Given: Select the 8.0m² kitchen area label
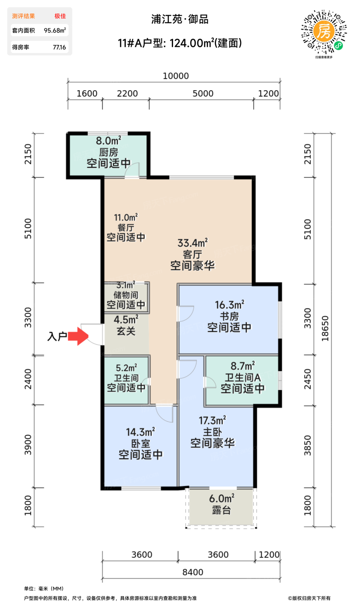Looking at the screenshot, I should coord(108,140).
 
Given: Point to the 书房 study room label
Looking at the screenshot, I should coord(229,315).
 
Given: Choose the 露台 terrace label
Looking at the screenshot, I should coord(221,510).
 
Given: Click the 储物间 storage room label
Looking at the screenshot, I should coord(126,295).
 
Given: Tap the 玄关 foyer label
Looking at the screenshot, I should coord(126,332).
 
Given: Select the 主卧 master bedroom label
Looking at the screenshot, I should coord(213,431).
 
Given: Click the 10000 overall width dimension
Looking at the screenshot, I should coord(176,76).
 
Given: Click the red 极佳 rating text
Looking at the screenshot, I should coord(60,16).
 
